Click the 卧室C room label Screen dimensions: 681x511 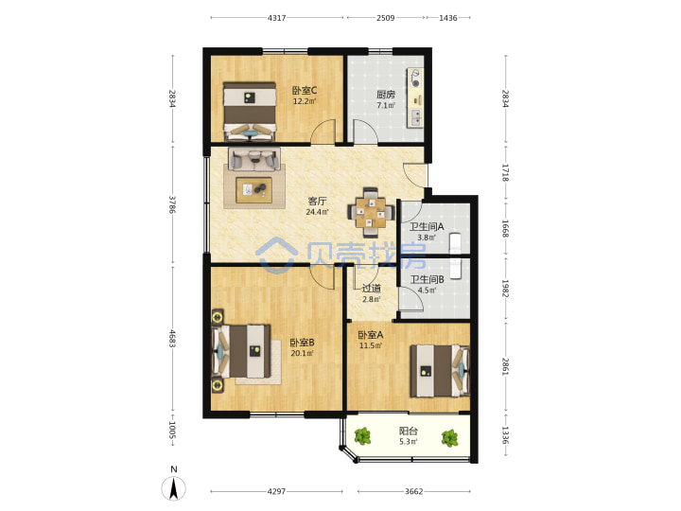click(304, 91)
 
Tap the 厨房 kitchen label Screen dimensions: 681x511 click(386, 95)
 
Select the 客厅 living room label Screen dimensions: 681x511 click(317, 202)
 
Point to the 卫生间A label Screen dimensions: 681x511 click(427, 227)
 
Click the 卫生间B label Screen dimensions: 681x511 click(427, 280)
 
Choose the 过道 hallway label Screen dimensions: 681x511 click(372, 288)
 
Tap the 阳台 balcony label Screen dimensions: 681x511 click(409, 432)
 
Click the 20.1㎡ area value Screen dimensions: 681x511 click(303, 353)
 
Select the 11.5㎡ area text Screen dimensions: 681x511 click(371, 346)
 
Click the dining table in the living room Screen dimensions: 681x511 click(371, 213)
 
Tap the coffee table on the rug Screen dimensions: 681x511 click(254, 190)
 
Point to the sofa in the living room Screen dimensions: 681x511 click(254, 159)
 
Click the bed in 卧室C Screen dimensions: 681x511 click(250, 112)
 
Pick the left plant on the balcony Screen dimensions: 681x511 click(362, 436)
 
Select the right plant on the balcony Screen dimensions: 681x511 click(450, 438)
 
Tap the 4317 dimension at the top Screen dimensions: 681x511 click(276, 18)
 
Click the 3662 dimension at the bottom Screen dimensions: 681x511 click(414, 491)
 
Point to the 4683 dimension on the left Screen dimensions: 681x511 click(173, 339)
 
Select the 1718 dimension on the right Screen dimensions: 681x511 click(505, 172)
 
